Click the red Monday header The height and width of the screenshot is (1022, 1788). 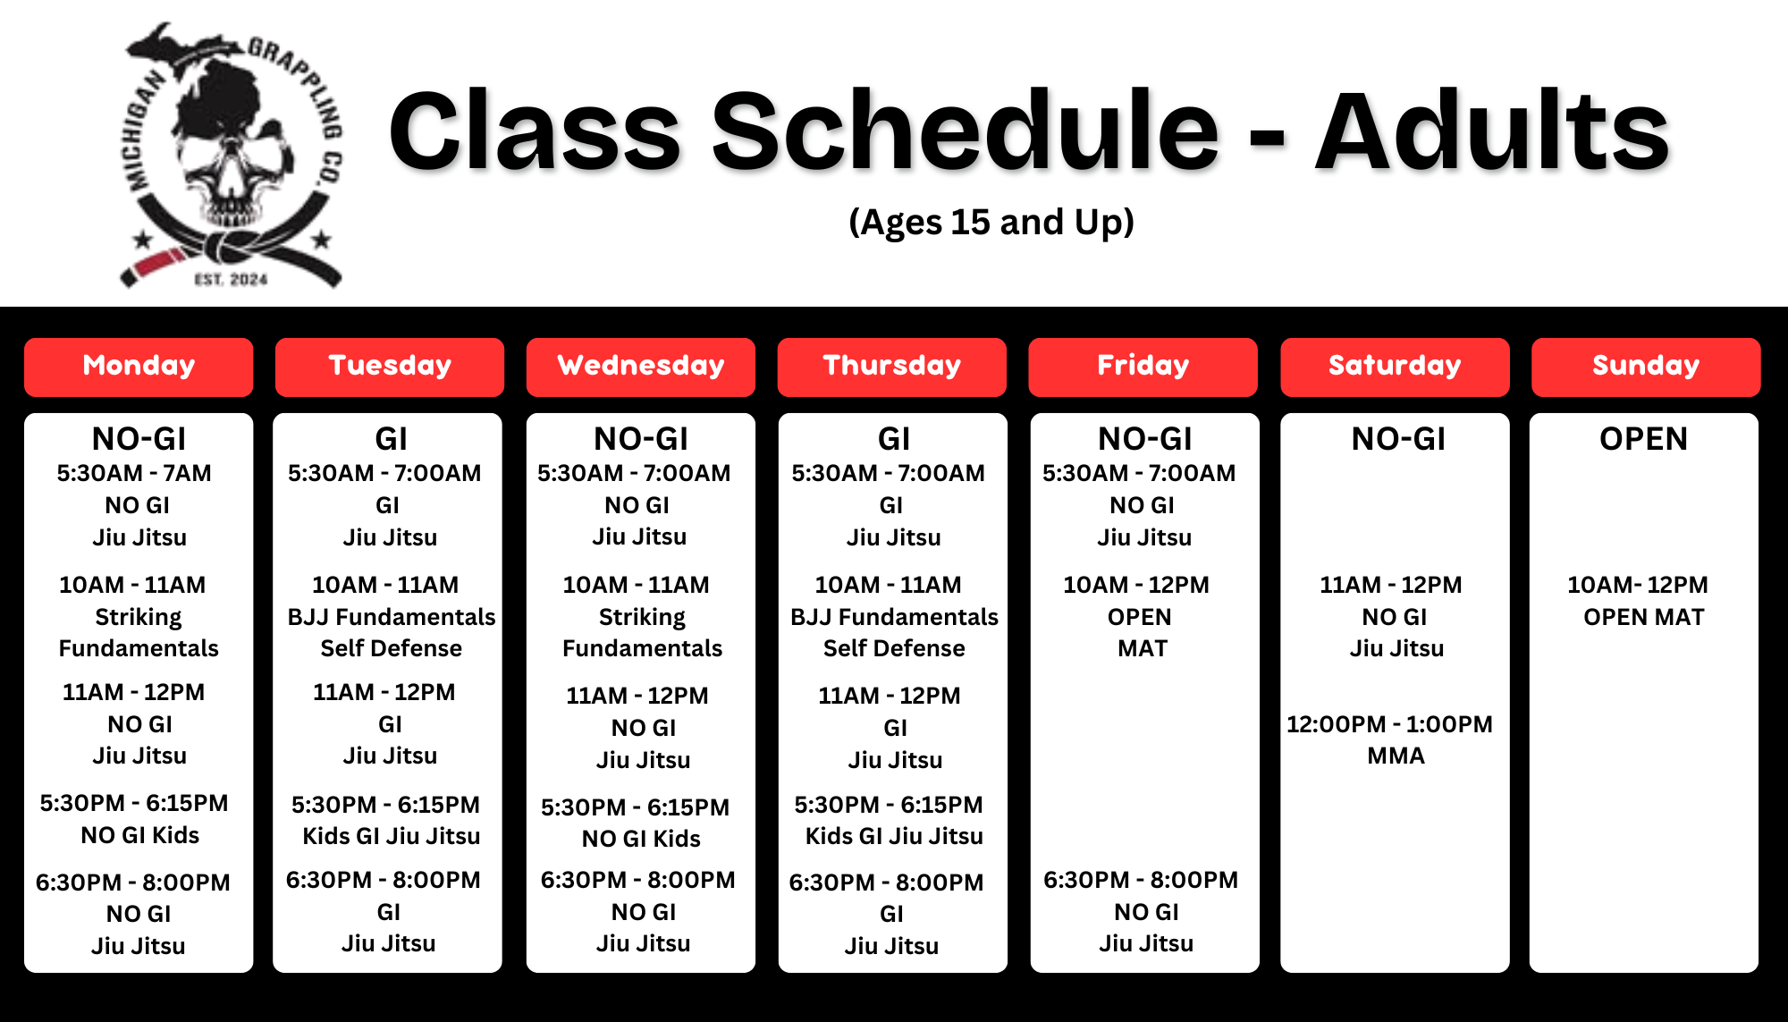point(139,367)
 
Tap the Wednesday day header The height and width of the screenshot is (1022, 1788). point(641,367)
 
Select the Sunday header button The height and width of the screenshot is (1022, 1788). point(1646,367)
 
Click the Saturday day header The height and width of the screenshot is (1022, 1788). point(1395,367)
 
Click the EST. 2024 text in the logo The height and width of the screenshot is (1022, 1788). point(231,280)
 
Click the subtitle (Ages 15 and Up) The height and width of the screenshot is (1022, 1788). point(991,222)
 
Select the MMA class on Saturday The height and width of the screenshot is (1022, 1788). point(1396,756)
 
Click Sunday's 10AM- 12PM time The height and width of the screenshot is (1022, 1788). point(1638,585)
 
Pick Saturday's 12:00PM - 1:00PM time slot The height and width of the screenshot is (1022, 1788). point(1389,724)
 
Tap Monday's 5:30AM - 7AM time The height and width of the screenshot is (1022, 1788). point(134,473)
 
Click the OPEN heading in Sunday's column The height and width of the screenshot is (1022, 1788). point(1643,439)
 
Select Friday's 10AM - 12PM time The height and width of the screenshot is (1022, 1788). point(1135,585)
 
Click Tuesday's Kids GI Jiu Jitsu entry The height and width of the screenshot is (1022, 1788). point(391,836)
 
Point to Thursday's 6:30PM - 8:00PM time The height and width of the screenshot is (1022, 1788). point(886,883)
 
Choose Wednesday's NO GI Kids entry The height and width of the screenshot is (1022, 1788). point(641,839)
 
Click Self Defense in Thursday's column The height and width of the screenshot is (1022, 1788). point(894,648)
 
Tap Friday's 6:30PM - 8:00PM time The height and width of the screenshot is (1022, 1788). point(1141,880)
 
